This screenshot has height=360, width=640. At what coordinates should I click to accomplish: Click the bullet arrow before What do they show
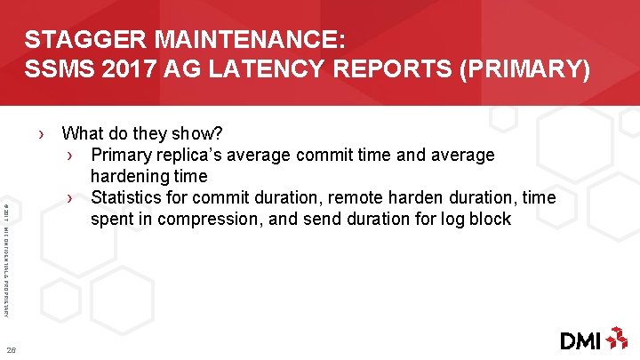[43, 134]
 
